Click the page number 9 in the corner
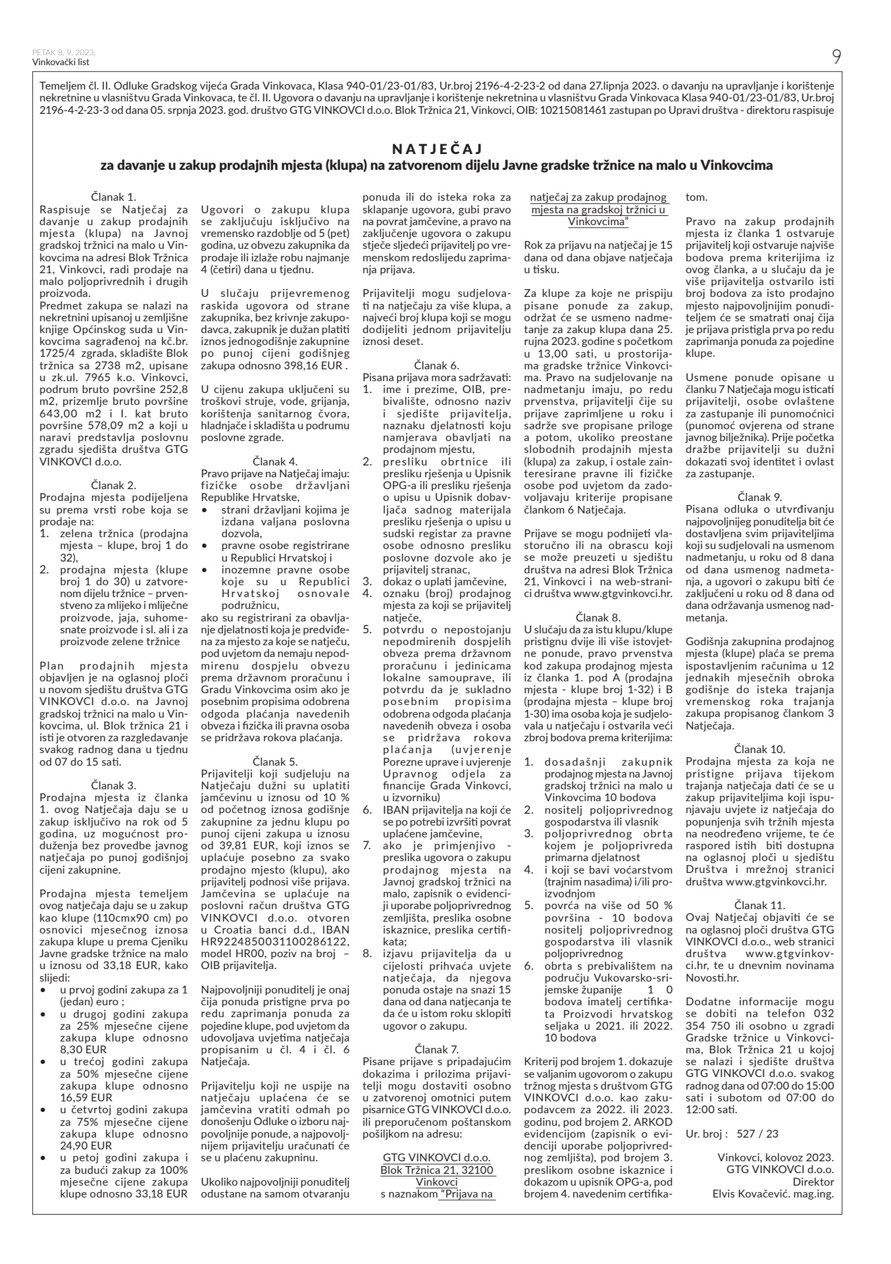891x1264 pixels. click(836, 57)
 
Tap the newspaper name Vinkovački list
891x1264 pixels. click(60, 63)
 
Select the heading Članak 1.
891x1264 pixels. click(113, 196)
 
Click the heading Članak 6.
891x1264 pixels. click(436, 364)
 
